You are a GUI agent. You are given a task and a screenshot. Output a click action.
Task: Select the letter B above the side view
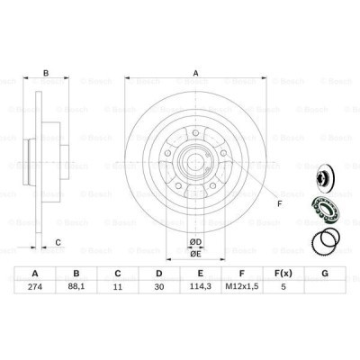click(x=47, y=73)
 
